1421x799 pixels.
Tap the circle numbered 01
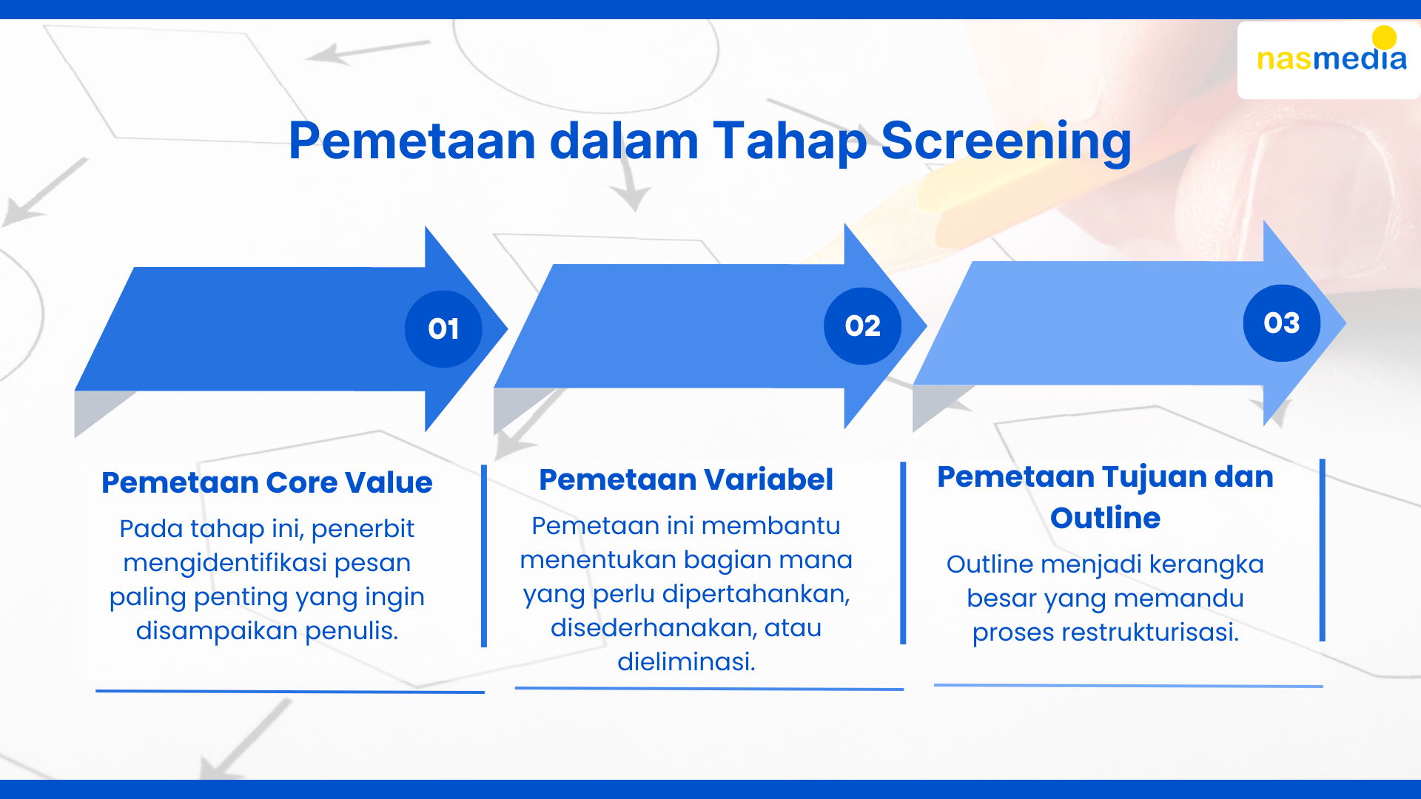point(443,328)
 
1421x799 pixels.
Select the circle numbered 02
point(862,326)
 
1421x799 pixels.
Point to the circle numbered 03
point(1282,323)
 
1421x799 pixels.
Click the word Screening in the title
point(1006,141)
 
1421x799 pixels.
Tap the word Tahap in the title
point(790,141)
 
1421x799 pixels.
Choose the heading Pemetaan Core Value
point(267,482)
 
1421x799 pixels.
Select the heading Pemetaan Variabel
point(686,479)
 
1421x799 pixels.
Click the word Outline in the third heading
point(1105,518)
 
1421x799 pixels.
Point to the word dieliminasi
point(686,661)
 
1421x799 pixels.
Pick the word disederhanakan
point(654,627)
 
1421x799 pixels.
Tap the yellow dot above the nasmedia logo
point(1384,38)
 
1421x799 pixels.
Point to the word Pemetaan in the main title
point(412,141)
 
